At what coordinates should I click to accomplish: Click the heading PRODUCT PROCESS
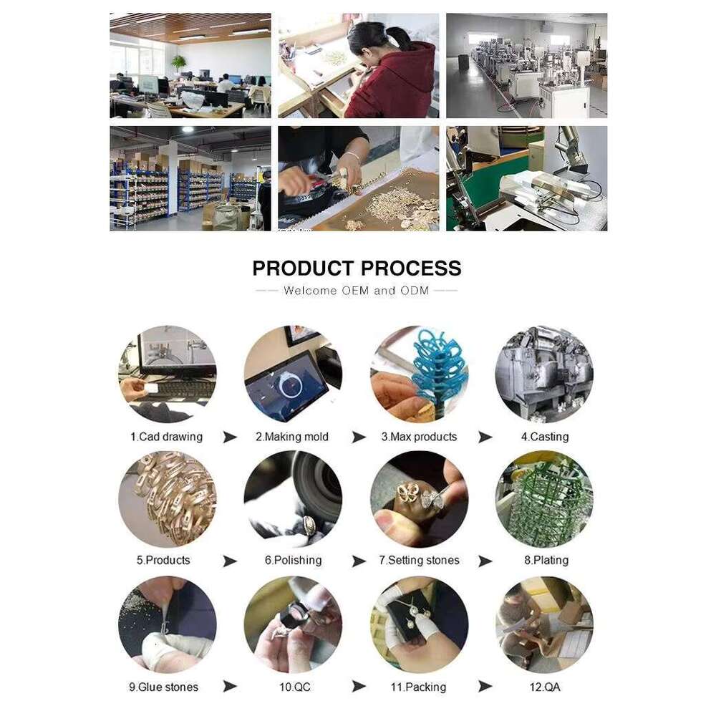point(357,268)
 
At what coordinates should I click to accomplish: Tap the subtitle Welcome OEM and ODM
point(356,291)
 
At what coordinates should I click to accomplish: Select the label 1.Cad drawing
point(166,437)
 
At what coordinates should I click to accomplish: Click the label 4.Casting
point(545,437)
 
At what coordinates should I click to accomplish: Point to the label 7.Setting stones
point(419,561)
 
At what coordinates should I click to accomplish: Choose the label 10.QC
point(294,687)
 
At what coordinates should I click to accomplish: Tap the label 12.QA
point(545,687)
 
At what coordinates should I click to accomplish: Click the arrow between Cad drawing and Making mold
point(230,437)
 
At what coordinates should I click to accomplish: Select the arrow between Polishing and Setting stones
point(359,561)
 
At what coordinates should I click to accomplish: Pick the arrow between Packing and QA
point(485,687)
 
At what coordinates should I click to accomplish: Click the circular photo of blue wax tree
point(419,374)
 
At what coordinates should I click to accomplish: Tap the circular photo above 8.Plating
point(544,498)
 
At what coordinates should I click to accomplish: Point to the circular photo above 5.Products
point(168,498)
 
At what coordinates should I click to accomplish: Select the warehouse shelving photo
point(190,178)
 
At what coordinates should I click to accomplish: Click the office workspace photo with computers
point(190,65)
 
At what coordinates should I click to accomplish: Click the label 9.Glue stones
point(163,687)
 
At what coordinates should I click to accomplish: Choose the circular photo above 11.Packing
point(419,625)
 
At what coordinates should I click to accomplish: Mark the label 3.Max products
point(419,437)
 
